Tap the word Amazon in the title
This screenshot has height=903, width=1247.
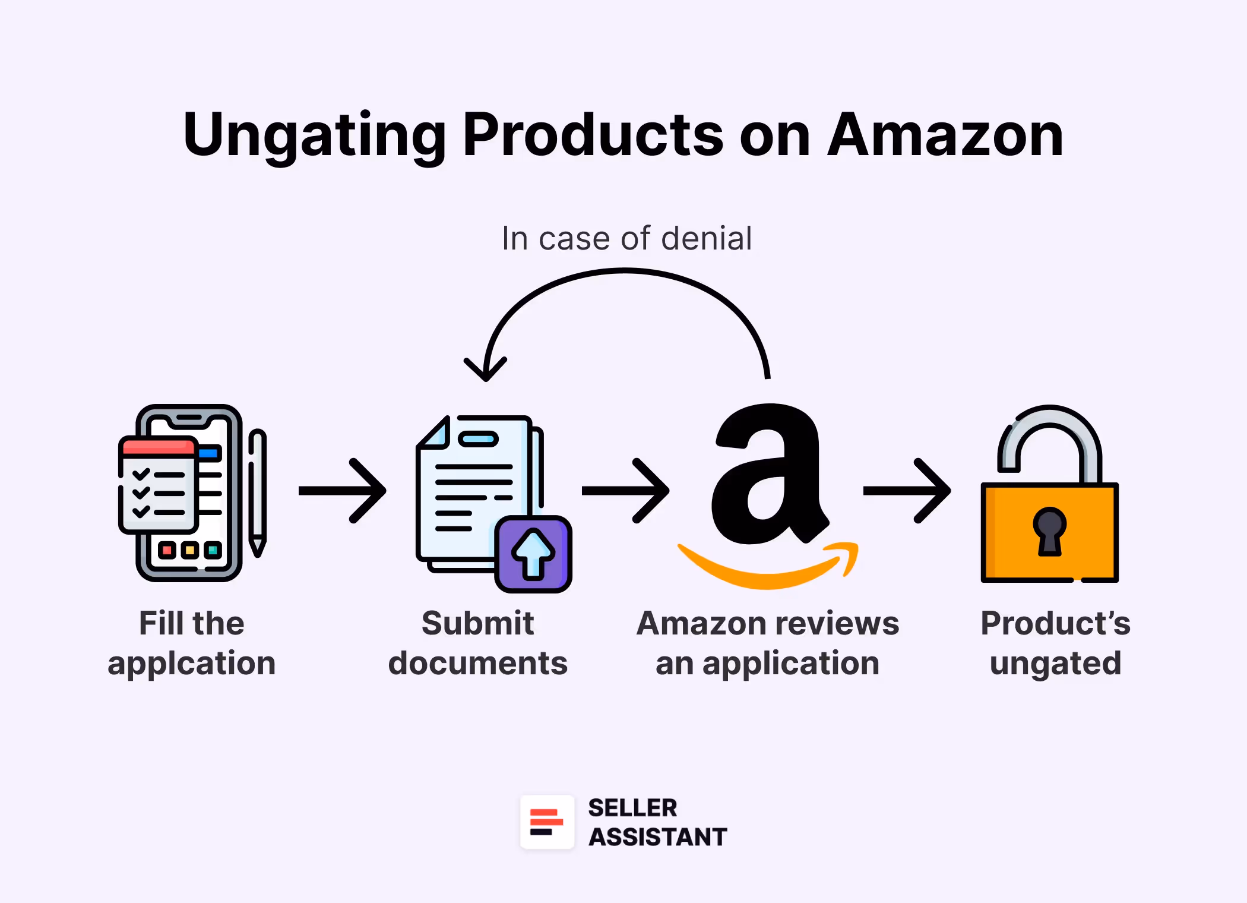pos(945,135)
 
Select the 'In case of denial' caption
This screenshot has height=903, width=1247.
pos(626,238)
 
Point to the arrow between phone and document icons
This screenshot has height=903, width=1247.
pos(343,491)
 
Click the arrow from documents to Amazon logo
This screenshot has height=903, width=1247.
pos(626,491)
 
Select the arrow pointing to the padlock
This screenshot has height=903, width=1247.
pos(907,491)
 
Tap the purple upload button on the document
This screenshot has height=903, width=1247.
pos(533,554)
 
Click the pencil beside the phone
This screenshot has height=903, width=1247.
pos(257,493)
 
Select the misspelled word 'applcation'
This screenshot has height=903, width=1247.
pos(191,663)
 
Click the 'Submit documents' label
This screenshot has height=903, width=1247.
pos(477,643)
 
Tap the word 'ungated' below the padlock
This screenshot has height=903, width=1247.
pos(1055,663)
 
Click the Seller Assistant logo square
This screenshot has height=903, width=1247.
pos(547,822)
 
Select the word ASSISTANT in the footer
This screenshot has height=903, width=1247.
pos(657,836)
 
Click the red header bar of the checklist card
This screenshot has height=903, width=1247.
pos(157,446)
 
